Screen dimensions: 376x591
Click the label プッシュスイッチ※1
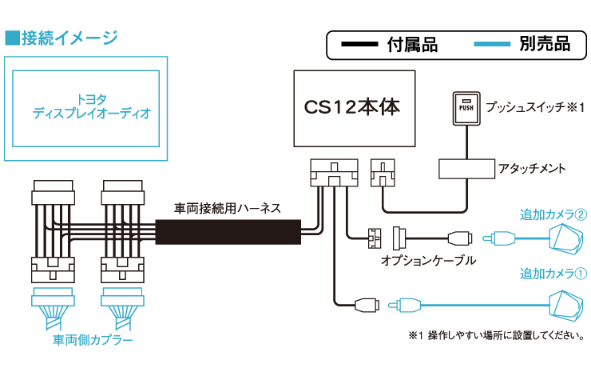537,106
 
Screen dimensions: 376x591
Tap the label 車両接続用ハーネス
228,208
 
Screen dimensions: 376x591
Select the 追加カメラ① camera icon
567,304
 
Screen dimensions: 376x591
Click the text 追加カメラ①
553,274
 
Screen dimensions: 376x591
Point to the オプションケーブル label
428,260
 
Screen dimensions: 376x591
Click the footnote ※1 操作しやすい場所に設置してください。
494,335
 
